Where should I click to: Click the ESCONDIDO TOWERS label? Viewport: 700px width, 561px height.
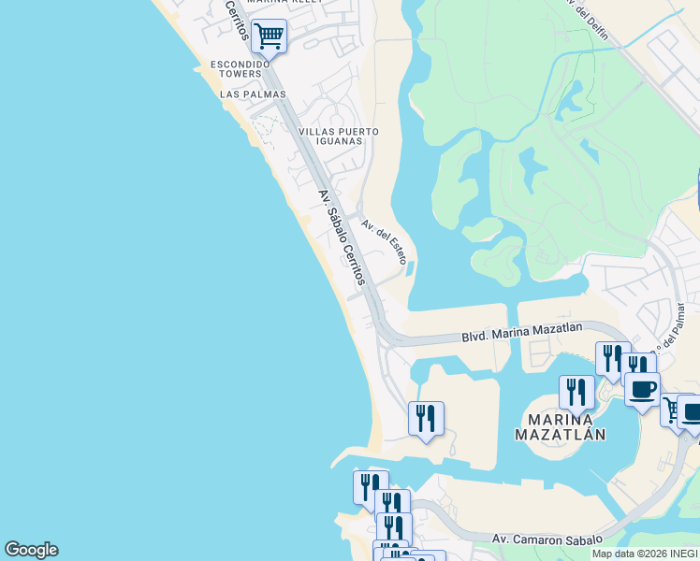pyautogui.click(x=240, y=68)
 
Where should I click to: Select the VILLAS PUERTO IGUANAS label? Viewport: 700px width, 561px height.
pyautogui.click(x=338, y=137)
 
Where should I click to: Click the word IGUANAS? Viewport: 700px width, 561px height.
pyautogui.click(x=338, y=141)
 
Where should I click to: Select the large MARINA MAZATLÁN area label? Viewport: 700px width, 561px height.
pyautogui.click(x=561, y=426)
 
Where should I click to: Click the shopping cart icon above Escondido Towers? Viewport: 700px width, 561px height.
pyautogui.click(x=269, y=36)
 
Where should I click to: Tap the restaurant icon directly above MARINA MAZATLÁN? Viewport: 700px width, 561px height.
pyautogui.click(x=576, y=391)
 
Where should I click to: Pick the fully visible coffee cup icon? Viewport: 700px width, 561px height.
pyautogui.click(x=642, y=388)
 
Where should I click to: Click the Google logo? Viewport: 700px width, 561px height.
pyautogui.click(x=31, y=550)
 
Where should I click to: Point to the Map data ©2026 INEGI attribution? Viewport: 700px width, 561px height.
pyautogui.click(x=645, y=554)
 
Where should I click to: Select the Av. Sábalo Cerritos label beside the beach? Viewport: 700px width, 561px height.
pyautogui.click(x=341, y=237)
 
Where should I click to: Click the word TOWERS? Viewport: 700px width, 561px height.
pyautogui.click(x=241, y=74)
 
